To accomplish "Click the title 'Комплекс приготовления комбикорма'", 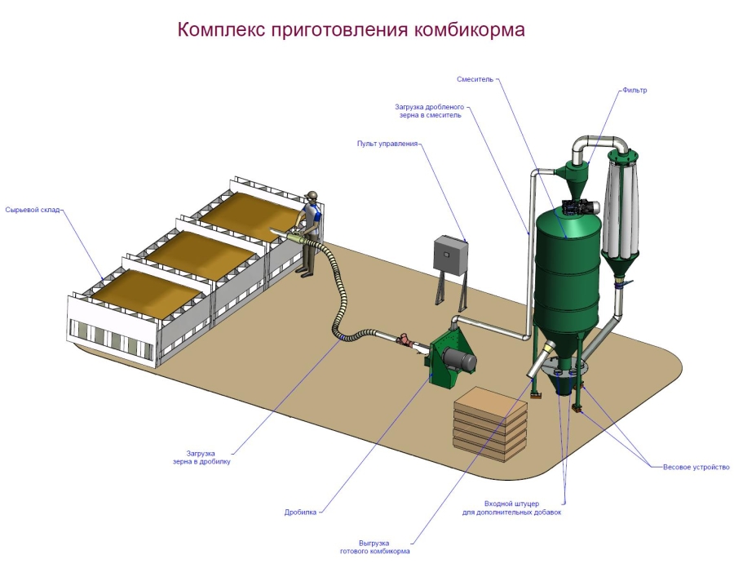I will pyautogui.click(x=352, y=30).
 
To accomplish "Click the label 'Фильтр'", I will pyautogui.click(x=634, y=91).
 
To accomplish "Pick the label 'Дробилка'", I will pyautogui.click(x=300, y=513).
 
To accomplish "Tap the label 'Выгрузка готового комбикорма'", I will pyautogui.click(x=374, y=548).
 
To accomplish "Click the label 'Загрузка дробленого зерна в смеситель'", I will pyautogui.click(x=429, y=111).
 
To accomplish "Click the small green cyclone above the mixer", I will pyautogui.click(x=576, y=170).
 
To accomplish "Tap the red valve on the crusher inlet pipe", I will pyautogui.click(x=402, y=338).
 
